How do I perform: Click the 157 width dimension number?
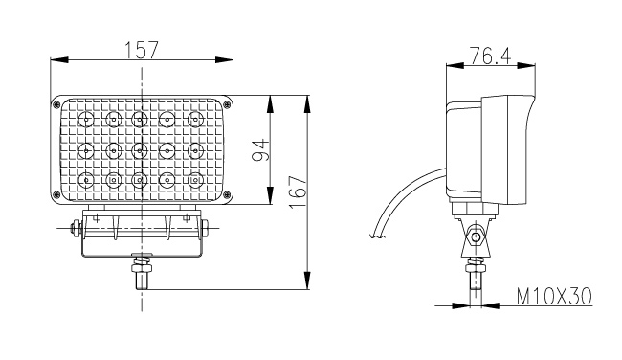(142, 50)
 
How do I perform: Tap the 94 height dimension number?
(260, 150)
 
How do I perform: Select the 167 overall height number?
(298, 192)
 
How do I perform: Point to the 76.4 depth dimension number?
(490, 56)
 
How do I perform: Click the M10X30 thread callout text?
(554, 296)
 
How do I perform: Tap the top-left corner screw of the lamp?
(56, 104)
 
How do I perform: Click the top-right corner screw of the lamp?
(227, 104)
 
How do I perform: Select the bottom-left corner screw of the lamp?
(56, 194)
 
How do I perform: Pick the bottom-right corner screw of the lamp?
(227, 194)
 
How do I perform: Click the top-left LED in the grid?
(86, 119)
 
